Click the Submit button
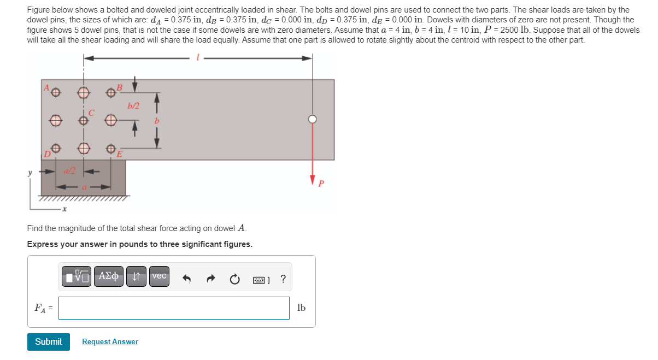click(49, 341)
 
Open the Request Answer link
click(110, 342)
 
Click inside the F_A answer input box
click(174, 308)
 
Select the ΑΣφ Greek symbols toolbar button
click(109, 276)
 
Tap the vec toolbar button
click(159, 276)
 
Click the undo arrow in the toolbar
click(187, 279)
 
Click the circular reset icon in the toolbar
click(234, 279)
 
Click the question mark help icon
click(283, 279)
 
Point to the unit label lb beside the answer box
click(301, 308)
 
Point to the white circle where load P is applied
click(312, 119)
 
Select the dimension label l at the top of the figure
click(197, 57)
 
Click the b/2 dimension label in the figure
click(132, 106)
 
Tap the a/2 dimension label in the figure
click(70, 171)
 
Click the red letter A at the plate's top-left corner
click(46, 87)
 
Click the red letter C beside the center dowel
click(92, 114)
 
